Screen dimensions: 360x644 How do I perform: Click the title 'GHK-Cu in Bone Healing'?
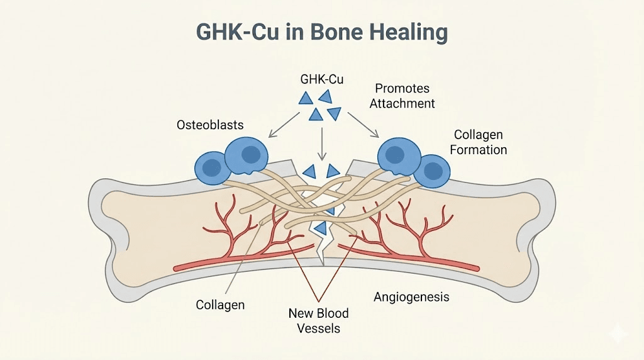coord(321,33)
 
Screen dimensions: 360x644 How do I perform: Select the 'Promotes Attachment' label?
coord(402,95)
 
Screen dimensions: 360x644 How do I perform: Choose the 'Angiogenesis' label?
coord(411,296)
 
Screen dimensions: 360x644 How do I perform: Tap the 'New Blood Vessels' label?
coord(318,320)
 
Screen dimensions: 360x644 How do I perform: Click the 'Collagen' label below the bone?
coord(220,305)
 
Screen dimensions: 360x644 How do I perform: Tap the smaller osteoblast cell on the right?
coord(433,171)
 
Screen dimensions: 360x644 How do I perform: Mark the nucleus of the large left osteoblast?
coord(251,154)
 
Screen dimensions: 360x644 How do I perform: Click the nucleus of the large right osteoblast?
coord(394,154)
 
